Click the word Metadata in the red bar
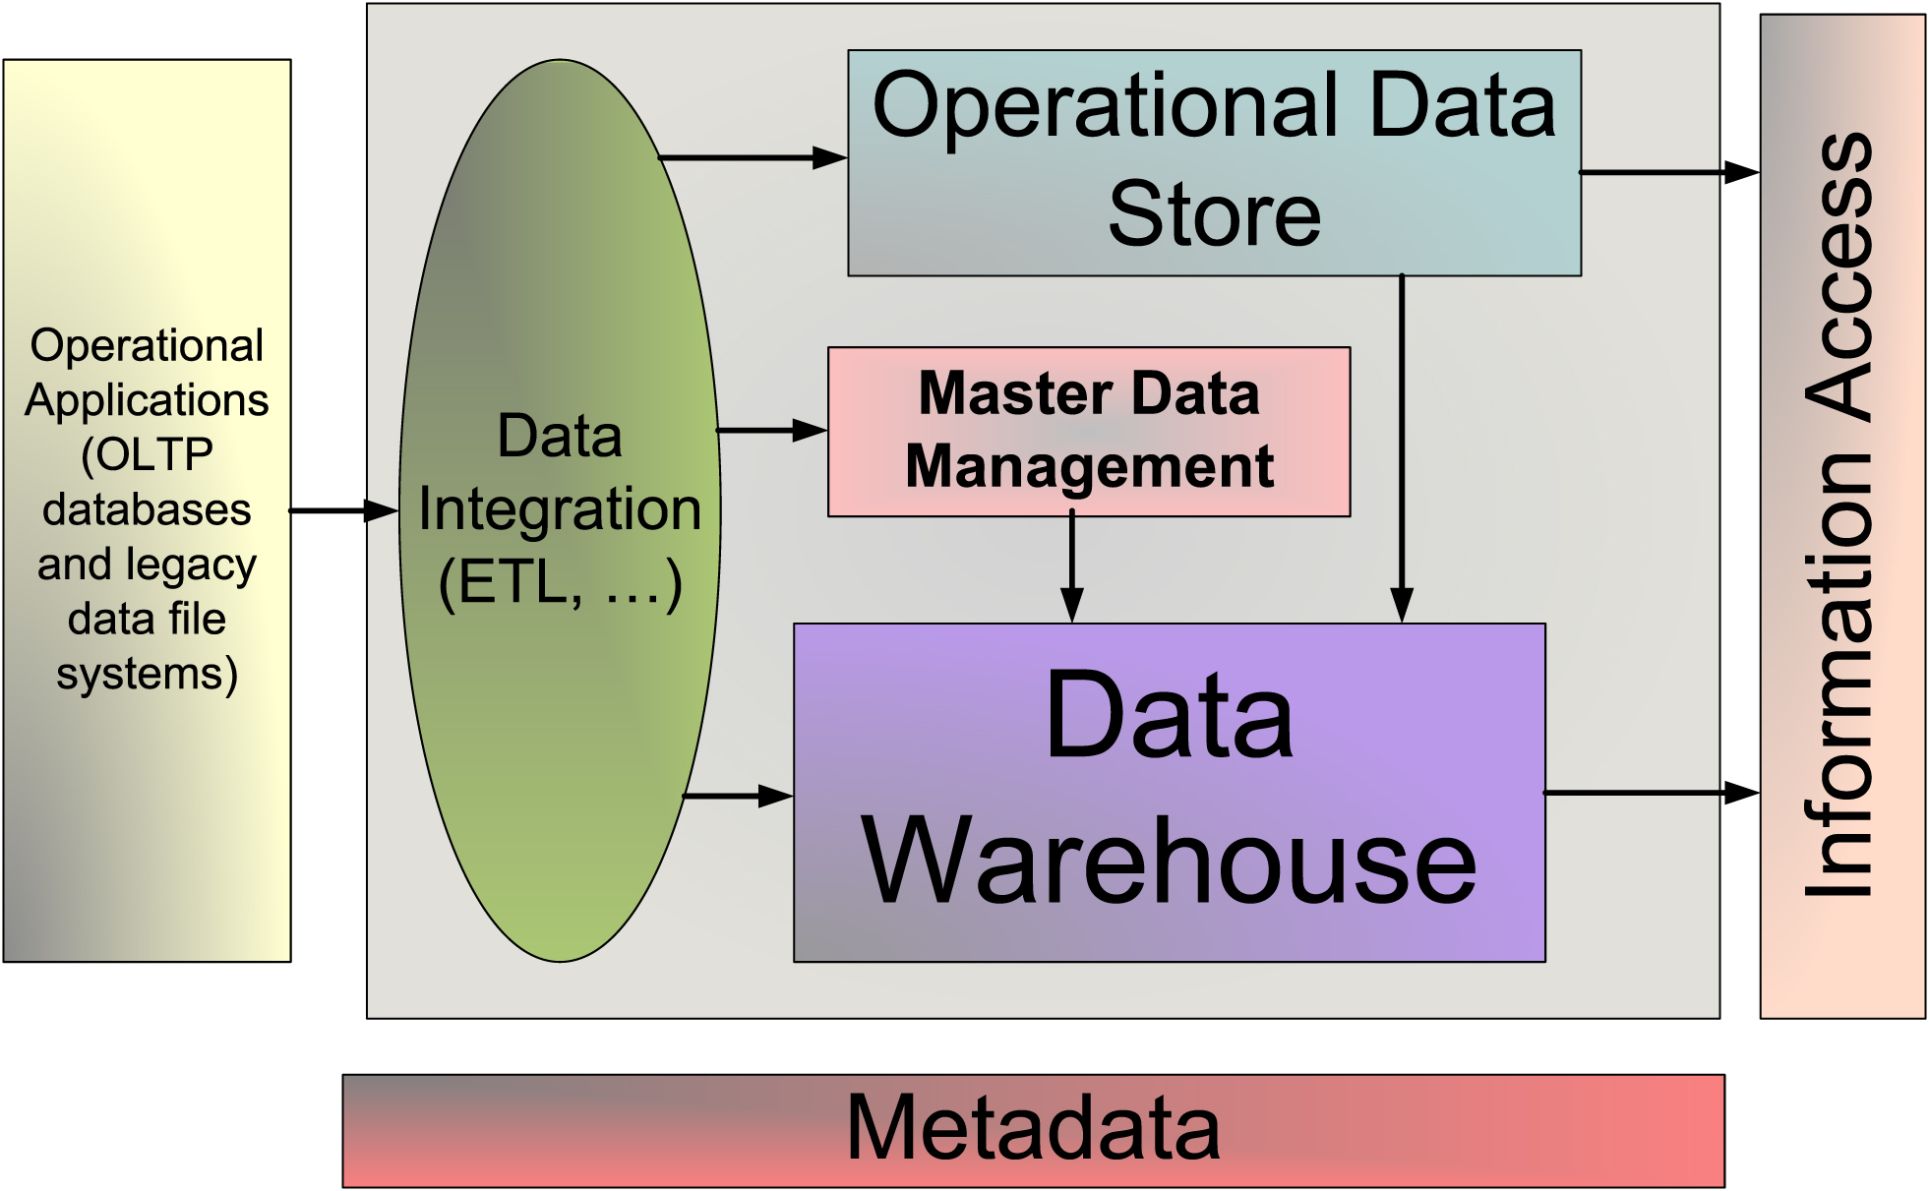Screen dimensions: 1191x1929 (1033, 1128)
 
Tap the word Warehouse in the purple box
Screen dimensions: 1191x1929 (1169, 862)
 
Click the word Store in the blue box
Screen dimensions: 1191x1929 (1214, 214)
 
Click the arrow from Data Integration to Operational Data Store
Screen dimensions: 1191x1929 (752, 157)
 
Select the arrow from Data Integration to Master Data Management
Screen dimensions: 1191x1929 (771, 430)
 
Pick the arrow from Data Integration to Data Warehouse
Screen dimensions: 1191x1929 (738, 796)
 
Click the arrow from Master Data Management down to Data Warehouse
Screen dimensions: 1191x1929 (1072, 568)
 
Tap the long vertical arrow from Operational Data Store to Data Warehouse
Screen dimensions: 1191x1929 (1401, 447)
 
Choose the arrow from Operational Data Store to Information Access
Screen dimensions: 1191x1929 (1668, 172)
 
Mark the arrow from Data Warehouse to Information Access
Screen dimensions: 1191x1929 (1651, 792)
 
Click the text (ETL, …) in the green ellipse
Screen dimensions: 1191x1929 (560, 582)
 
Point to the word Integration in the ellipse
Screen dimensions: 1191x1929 (560, 509)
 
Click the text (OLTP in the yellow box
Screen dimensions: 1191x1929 (147, 454)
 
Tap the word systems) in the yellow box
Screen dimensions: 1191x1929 (147, 675)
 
